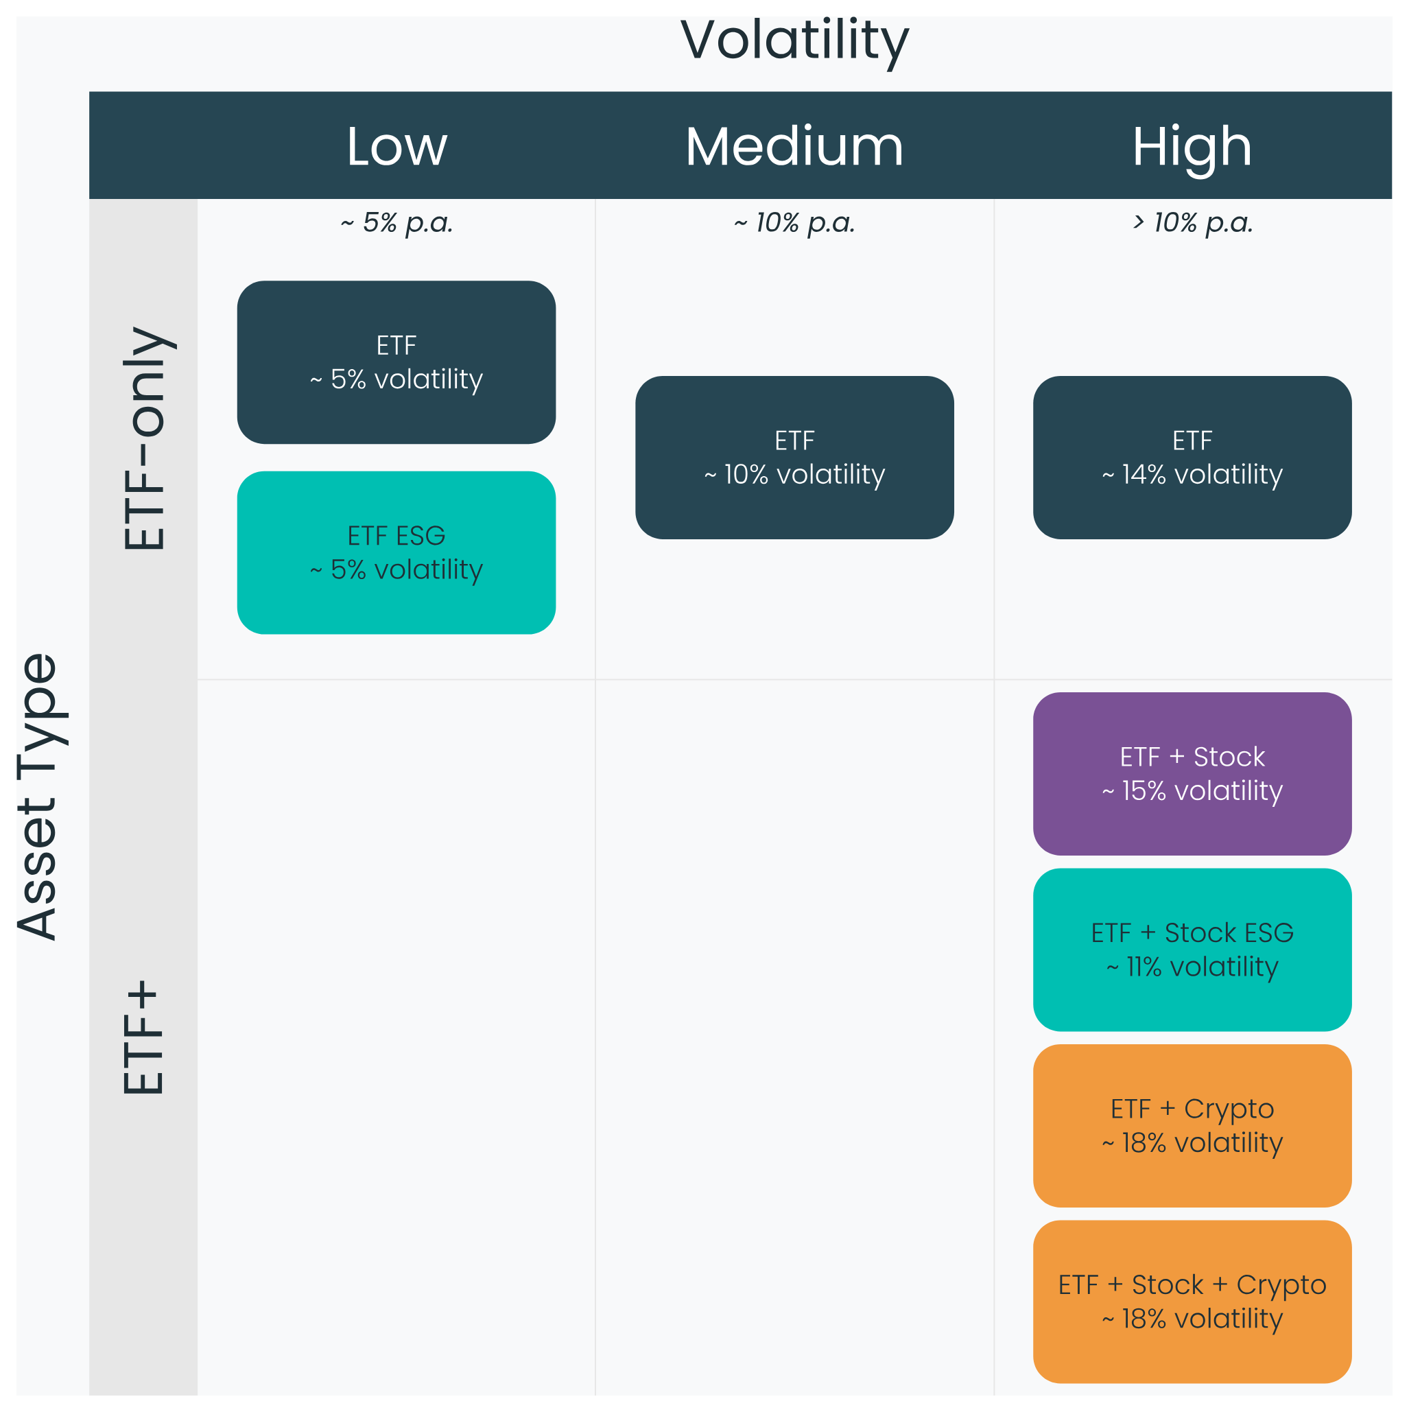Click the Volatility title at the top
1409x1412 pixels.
tap(794, 42)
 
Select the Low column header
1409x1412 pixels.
tap(396, 146)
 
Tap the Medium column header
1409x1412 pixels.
tap(794, 146)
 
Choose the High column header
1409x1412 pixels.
tap(1192, 148)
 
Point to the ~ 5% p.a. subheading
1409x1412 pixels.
tap(396, 223)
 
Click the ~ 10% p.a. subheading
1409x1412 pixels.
tap(794, 223)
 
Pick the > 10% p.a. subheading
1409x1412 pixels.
tap(1192, 223)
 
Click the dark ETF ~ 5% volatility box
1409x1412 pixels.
tap(396, 362)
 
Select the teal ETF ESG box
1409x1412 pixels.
tap(396, 552)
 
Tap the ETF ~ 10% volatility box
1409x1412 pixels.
tap(794, 458)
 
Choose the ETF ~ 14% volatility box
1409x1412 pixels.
tap(1192, 458)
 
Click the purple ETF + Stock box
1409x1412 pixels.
tap(1192, 774)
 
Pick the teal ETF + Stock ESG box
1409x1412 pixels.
tap(1192, 950)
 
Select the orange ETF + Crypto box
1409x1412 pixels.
tap(1192, 1127)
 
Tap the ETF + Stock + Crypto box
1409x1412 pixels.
tap(1192, 1302)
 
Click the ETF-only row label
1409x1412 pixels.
tap(145, 438)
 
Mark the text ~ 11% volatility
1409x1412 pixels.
tap(1192, 967)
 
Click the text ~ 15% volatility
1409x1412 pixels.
tap(1192, 792)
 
